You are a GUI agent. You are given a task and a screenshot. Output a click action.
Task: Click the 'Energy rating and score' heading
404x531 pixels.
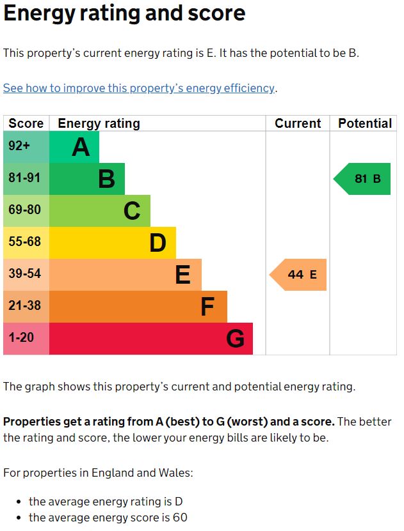coord(124,13)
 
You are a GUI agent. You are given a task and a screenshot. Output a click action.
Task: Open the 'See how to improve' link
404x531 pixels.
coord(139,88)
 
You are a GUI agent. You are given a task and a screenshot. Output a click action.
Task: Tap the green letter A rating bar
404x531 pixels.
coord(74,147)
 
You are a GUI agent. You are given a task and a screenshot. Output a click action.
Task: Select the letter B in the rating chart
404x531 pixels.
coord(106,179)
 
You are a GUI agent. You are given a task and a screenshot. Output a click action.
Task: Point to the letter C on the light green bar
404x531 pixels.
coord(132,211)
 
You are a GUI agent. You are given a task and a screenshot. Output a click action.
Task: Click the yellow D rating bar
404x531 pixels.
coord(113,243)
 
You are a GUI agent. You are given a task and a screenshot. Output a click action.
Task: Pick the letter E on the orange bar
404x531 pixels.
coord(182,275)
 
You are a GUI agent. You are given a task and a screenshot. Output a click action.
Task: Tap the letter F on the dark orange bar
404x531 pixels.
coord(207,307)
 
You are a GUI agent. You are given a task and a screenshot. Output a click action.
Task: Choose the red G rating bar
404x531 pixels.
coord(151,339)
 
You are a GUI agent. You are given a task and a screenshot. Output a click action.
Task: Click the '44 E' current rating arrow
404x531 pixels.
coord(298,275)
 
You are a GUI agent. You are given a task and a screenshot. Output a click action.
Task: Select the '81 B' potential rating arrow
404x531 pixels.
coord(363,179)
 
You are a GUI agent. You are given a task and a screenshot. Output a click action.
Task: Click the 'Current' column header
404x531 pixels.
coord(298,123)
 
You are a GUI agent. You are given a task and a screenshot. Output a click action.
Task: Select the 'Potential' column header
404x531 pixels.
coord(365,123)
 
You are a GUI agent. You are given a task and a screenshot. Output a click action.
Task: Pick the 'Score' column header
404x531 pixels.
coord(26,123)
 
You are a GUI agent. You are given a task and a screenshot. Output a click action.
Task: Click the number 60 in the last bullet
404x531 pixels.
coord(179,518)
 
